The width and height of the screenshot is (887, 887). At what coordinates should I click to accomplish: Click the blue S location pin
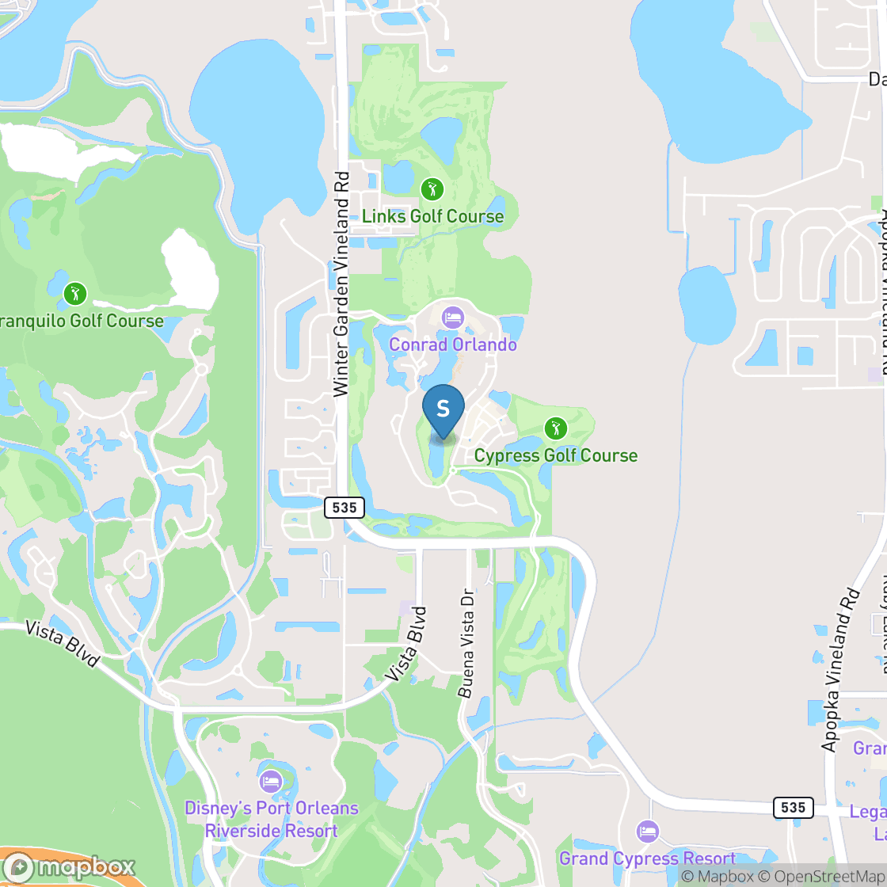tap(443, 409)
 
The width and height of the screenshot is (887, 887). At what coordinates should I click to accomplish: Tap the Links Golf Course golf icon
tap(432, 189)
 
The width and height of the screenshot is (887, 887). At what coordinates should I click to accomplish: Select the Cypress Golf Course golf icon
tap(556, 428)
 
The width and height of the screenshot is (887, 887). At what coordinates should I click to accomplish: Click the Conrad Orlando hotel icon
tap(453, 318)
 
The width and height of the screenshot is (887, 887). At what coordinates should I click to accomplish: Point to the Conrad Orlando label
tap(453, 345)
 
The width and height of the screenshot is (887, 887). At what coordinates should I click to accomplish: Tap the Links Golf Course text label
tap(432, 216)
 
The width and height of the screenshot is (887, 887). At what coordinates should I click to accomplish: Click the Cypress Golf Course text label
tap(556, 455)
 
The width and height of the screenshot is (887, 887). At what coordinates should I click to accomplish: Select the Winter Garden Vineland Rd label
tap(341, 284)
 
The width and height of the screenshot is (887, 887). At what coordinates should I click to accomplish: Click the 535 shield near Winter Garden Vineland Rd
tap(344, 507)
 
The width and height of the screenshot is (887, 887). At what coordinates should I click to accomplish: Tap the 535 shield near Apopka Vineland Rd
tap(792, 807)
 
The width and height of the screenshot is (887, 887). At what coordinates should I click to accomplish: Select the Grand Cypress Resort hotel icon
tap(648, 832)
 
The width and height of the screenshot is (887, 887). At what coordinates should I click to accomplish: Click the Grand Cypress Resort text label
tap(648, 858)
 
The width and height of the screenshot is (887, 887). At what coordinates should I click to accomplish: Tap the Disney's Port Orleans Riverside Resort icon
tap(271, 781)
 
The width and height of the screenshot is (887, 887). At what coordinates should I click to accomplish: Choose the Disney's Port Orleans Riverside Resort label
tap(271, 820)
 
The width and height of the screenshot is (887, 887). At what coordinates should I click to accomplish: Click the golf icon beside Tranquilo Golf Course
tap(75, 294)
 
